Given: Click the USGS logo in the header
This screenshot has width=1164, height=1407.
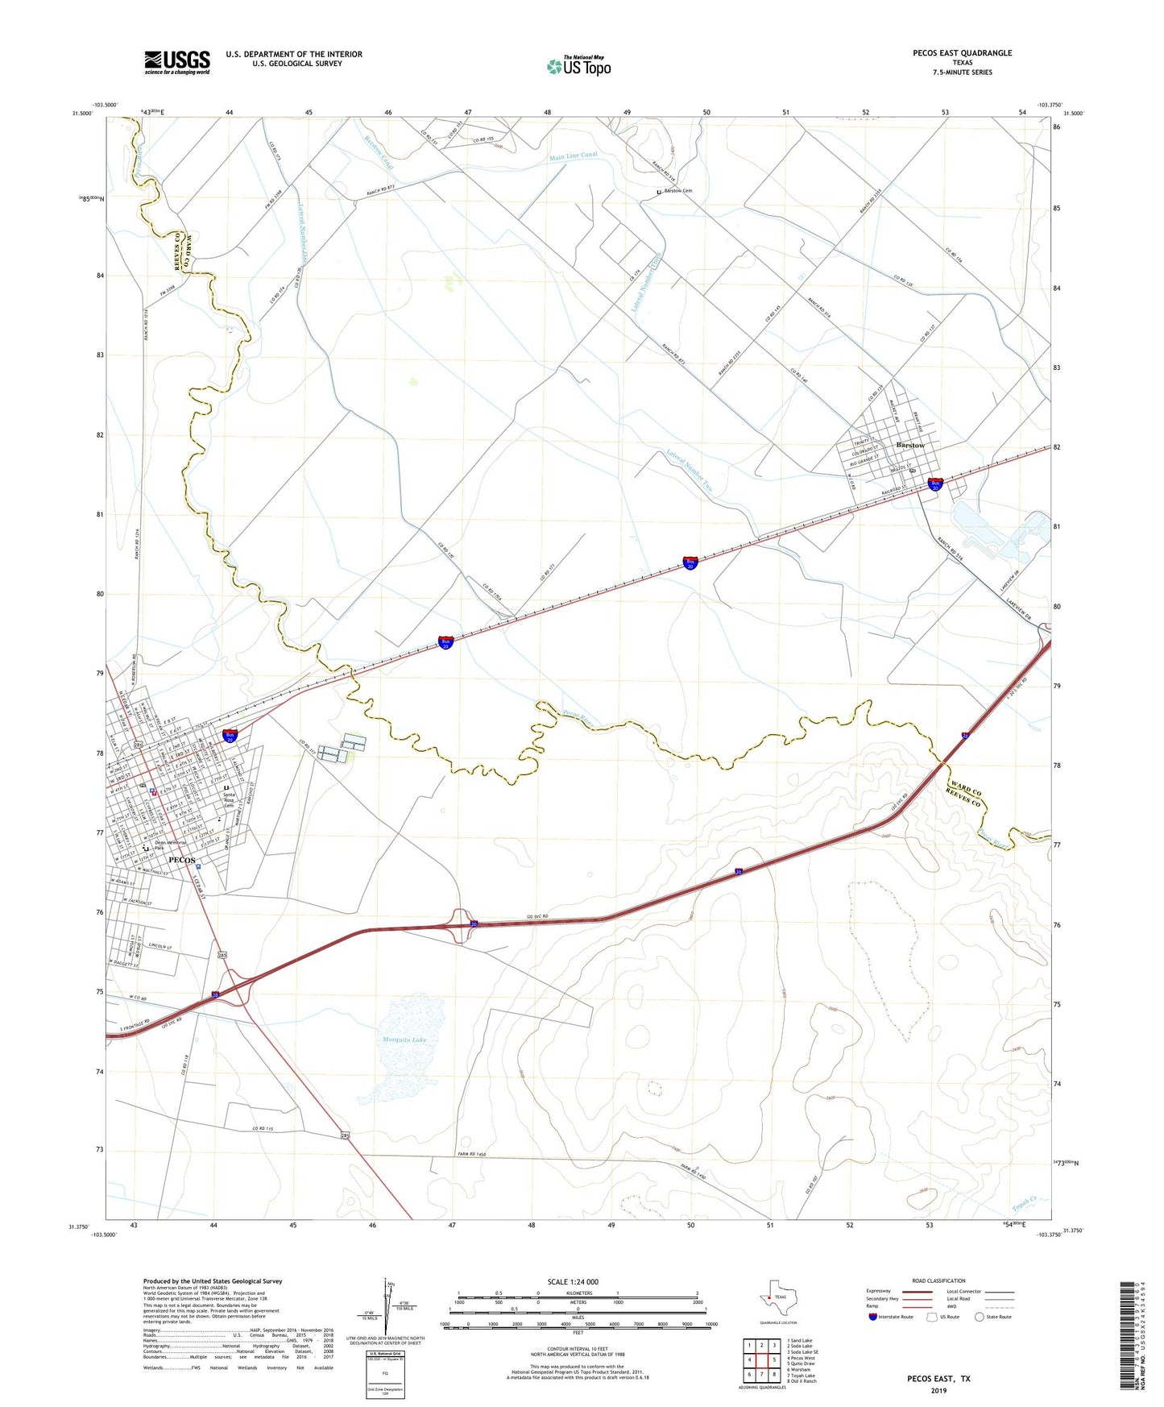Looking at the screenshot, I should (x=177, y=62).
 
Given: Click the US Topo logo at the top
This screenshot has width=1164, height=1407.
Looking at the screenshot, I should (x=578, y=66).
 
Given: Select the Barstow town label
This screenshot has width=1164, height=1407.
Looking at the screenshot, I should (x=910, y=445).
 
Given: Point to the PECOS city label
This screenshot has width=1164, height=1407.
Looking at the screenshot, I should (x=182, y=860).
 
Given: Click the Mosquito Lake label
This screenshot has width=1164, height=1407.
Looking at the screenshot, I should (x=404, y=1040).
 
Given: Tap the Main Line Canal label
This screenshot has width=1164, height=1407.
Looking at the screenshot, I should (x=574, y=156).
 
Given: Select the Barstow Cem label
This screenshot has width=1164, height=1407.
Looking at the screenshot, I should (x=677, y=191).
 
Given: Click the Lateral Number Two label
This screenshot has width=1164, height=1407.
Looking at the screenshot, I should (x=690, y=470).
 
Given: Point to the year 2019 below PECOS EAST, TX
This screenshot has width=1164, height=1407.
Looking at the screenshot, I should (x=938, y=1389).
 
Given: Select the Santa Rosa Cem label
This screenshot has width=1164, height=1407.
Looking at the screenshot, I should (x=229, y=799).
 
